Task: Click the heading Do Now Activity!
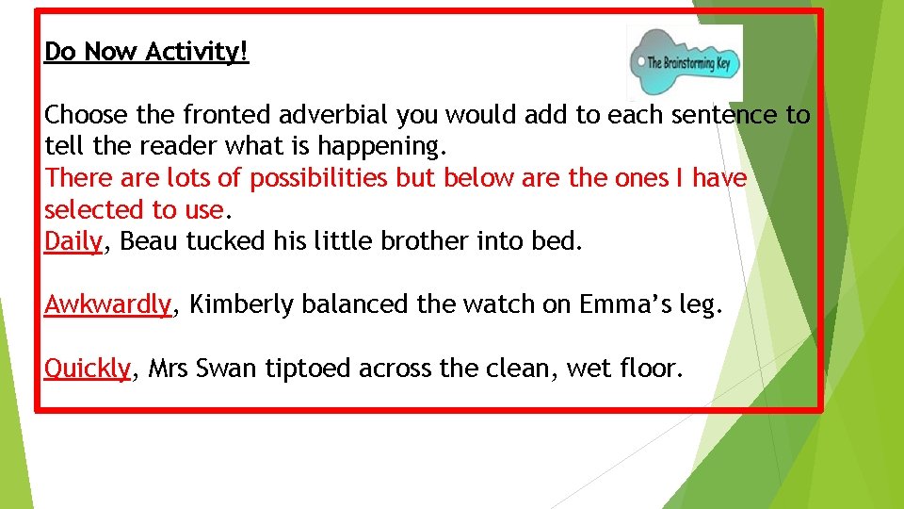147,52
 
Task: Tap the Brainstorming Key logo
686,63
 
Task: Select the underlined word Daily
73,242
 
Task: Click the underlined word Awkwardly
108,305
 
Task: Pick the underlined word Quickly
87,369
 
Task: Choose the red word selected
93,210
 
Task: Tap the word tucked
226,242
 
